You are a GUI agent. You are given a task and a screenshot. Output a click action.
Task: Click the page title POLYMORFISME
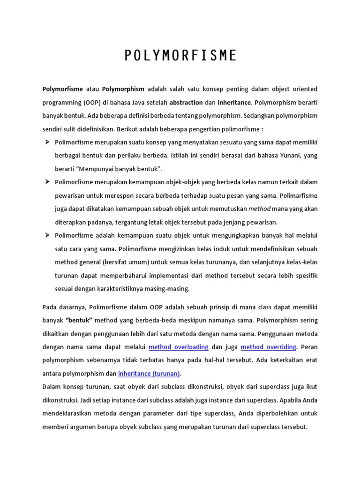click(x=180, y=56)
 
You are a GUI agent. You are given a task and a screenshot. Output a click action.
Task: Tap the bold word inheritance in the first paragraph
click(x=234, y=102)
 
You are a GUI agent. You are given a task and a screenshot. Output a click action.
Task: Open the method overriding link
click(x=269, y=347)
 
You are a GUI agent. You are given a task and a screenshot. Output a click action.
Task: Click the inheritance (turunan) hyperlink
click(x=149, y=374)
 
